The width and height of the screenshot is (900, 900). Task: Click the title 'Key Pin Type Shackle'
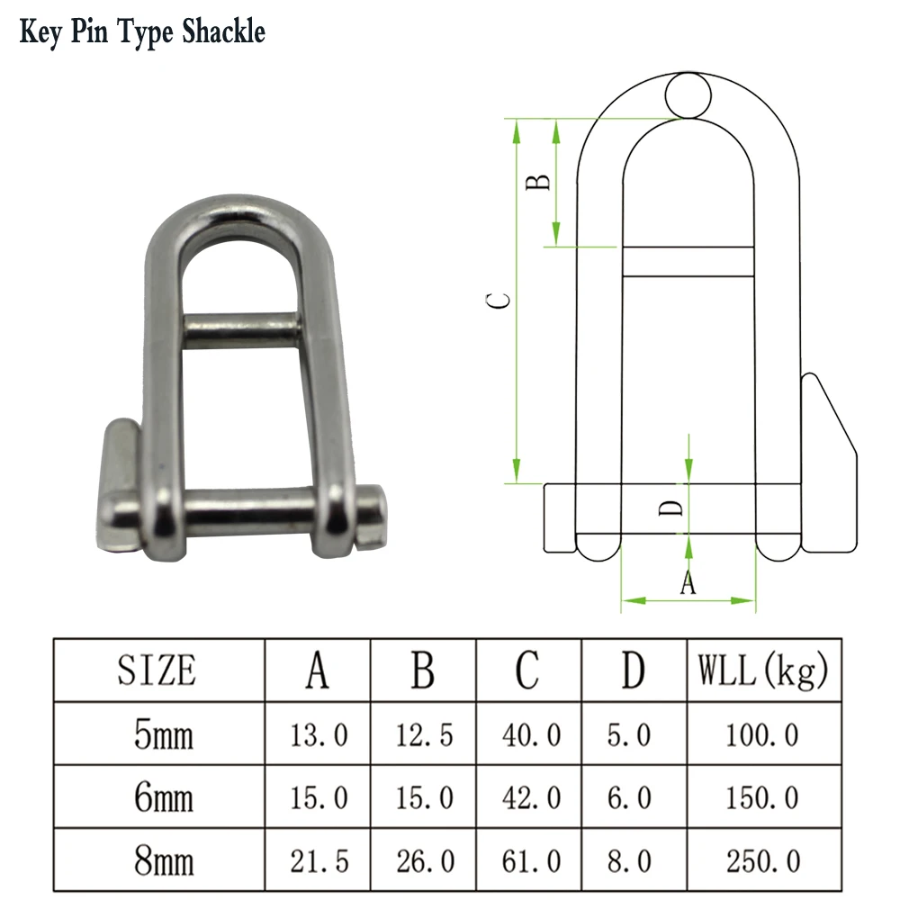pyautogui.click(x=142, y=32)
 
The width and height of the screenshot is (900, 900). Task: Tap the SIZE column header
pyautogui.click(x=157, y=670)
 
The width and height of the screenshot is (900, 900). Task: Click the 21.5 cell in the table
pyautogui.click(x=319, y=861)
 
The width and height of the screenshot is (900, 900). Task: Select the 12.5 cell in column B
pyautogui.click(x=425, y=735)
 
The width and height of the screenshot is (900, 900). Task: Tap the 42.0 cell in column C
pyautogui.click(x=530, y=798)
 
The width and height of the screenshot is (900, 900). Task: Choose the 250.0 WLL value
pyautogui.click(x=762, y=861)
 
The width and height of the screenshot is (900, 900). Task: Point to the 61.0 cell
pyautogui.click(x=530, y=861)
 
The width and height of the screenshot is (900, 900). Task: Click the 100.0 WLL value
pyautogui.click(x=762, y=735)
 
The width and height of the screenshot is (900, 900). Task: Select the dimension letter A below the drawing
pyautogui.click(x=688, y=584)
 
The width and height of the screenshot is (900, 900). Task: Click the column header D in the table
pyautogui.click(x=634, y=670)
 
